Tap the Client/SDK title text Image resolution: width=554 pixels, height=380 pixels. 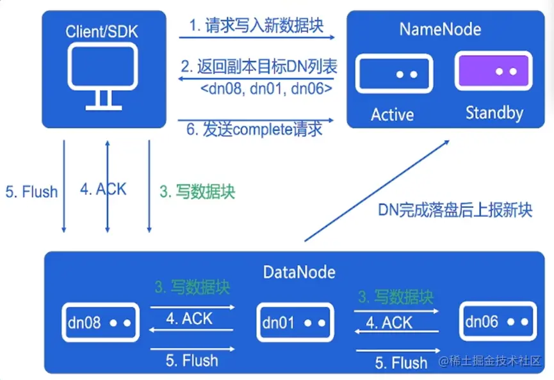(x=102, y=31)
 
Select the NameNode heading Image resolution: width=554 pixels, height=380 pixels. (x=440, y=29)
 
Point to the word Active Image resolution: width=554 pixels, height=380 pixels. (x=393, y=115)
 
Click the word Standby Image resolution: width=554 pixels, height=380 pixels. (x=494, y=114)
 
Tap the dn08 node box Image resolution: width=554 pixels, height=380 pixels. (x=101, y=322)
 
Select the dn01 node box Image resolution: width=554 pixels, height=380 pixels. (x=295, y=322)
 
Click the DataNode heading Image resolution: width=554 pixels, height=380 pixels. (x=299, y=272)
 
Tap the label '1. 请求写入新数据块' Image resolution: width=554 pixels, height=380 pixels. (x=256, y=26)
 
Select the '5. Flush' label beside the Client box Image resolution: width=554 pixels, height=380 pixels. (x=31, y=191)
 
